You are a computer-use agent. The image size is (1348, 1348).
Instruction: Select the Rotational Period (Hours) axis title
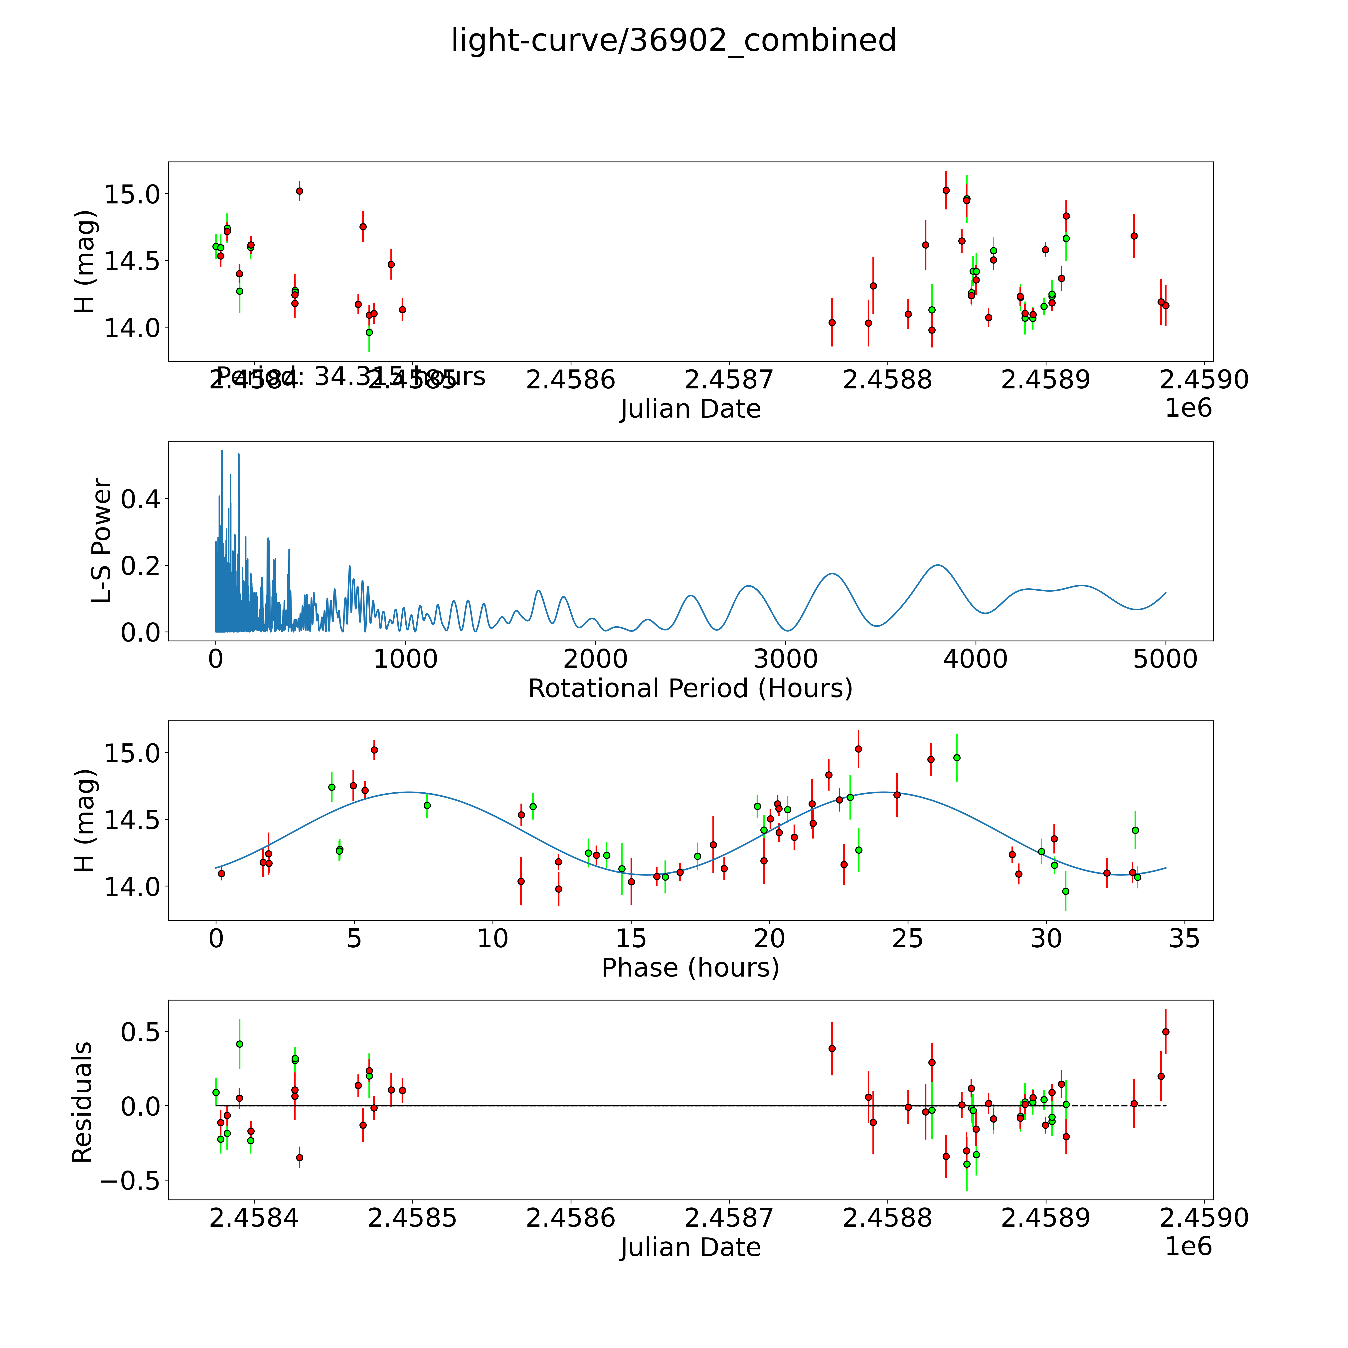[x=690, y=689]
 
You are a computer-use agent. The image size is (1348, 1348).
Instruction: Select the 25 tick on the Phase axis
[x=908, y=938]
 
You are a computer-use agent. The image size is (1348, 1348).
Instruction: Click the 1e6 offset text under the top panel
[x=1188, y=408]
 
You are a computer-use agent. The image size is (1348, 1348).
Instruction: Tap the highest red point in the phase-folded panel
[x=858, y=749]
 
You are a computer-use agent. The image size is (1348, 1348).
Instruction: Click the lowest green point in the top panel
[x=369, y=332]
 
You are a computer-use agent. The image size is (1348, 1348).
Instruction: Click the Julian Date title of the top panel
[x=690, y=409]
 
